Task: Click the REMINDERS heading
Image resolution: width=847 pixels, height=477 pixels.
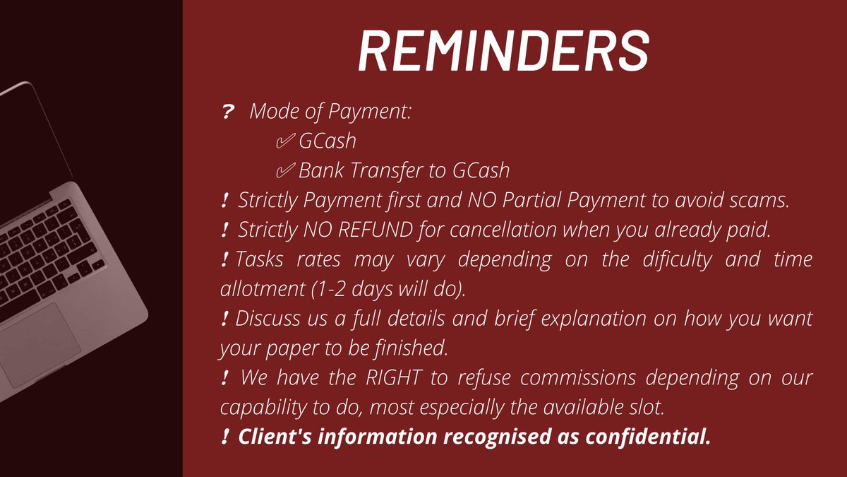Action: (504, 50)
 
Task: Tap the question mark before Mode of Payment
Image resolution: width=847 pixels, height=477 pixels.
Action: (227, 112)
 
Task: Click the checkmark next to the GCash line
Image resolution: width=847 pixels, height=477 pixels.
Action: (285, 141)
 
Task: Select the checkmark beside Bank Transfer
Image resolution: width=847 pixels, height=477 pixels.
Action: (285, 170)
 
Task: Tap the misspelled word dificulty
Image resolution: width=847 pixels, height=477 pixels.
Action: (677, 259)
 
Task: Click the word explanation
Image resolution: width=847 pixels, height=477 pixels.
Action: (594, 319)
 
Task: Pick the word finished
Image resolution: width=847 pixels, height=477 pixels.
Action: (412, 348)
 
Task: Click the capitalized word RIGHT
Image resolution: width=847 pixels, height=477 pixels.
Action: (394, 377)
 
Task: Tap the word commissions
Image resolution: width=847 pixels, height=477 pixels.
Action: (578, 377)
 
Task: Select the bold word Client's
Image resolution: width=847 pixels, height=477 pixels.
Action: (275, 437)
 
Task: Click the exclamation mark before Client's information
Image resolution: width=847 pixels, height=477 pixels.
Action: (225, 437)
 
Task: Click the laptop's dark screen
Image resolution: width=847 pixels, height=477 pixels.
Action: (30, 144)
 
